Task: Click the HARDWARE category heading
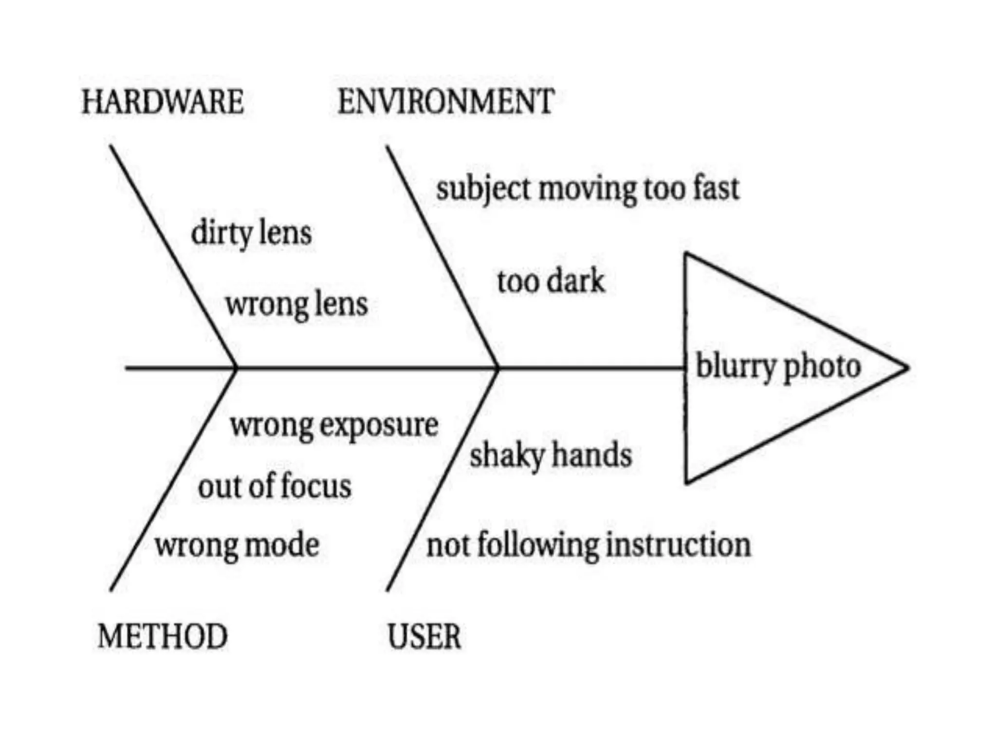pos(163,102)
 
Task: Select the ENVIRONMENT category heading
pos(446,102)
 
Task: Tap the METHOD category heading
pos(163,636)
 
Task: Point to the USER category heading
pos(424,636)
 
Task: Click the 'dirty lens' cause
pos(251,233)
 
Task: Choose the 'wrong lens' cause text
pos(296,305)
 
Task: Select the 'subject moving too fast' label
pos(588,189)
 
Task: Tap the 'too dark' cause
pos(551,282)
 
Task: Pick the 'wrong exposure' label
pos(334,426)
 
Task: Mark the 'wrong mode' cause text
pos(237,545)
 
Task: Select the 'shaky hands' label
pos(551,456)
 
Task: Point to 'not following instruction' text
pos(589,545)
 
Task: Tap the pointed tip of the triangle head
pos(906,368)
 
